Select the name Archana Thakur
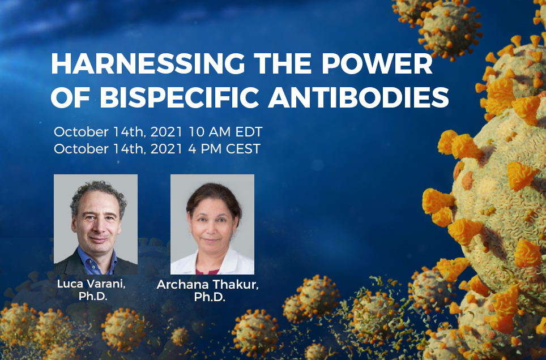pyautogui.click(x=208, y=285)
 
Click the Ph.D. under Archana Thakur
pyautogui.click(x=209, y=298)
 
